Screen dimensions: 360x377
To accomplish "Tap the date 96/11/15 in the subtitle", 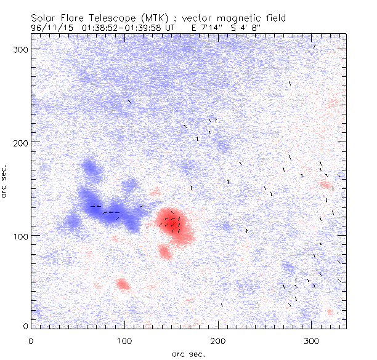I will [x=51, y=28].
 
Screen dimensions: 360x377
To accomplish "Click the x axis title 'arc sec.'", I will [x=188, y=353].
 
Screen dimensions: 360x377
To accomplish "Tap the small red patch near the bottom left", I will [x=123, y=284].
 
